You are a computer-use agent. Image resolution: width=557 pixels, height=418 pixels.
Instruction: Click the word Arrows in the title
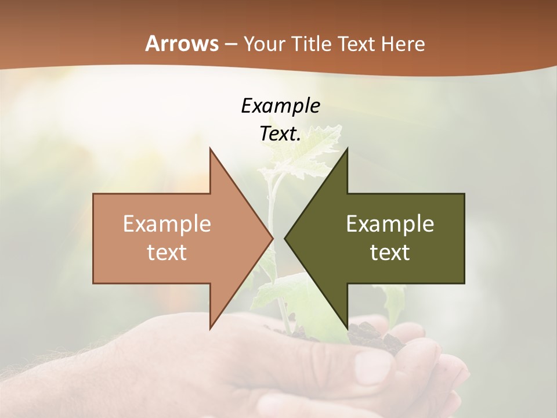tap(182, 44)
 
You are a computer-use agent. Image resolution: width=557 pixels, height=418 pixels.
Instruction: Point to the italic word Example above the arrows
tap(280, 106)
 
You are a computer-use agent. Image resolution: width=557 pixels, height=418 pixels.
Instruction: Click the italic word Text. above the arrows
tap(280, 134)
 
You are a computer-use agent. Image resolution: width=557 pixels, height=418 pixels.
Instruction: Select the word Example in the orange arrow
tap(167, 224)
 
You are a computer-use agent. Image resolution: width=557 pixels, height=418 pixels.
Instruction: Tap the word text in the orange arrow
tap(167, 252)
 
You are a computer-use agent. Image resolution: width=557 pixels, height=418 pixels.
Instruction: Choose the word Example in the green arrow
tap(390, 224)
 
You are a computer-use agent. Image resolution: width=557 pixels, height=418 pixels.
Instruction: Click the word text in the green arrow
tap(390, 252)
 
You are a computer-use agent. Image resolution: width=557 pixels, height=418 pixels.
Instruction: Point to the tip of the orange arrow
tap(273, 238)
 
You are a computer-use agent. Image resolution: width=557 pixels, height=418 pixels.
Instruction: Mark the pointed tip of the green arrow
tap(285, 238)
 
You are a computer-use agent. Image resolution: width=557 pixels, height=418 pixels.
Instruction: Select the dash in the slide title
tap(230, 44)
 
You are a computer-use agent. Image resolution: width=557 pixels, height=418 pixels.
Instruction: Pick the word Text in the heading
tap(357, 44)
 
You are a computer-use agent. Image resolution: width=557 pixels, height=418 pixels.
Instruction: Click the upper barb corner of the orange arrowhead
tap(210, 149)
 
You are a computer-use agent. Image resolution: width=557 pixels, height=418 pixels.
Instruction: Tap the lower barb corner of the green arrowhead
tap(347, 329)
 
